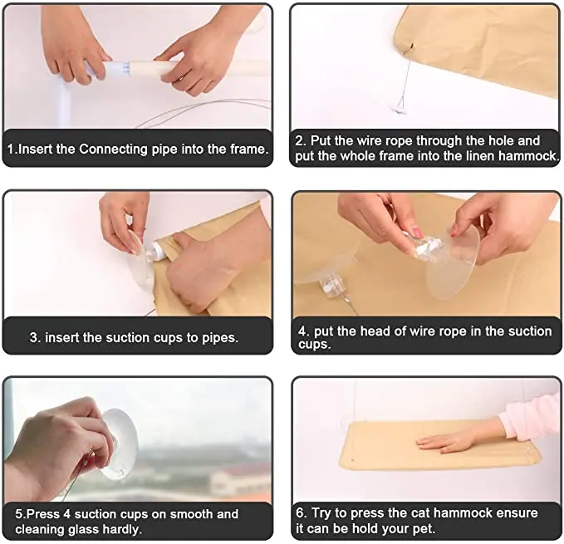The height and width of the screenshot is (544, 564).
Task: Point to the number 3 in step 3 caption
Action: [34, 338]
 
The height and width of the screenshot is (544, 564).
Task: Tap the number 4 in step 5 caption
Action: [66, 514]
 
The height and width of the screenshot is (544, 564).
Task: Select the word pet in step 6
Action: [425, 529]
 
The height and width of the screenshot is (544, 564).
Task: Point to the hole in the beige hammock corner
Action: [411, 47]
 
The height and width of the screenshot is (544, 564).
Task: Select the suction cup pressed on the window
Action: [121, 445]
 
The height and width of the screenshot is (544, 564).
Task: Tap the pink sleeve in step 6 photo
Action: [533, 416]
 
